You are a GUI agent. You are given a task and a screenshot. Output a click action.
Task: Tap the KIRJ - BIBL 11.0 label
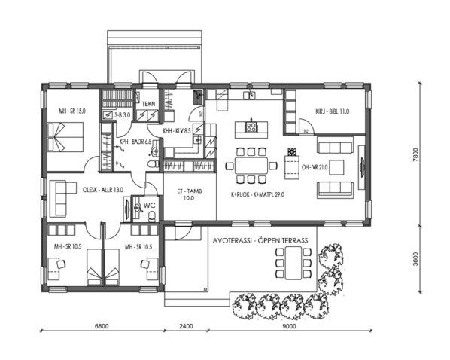pyautogui.click(x=333, y=111)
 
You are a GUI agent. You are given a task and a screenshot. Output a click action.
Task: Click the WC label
pyautogui.click(x=149, y=204)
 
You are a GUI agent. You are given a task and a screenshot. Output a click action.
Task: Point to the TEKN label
pyautogui.click(x=149, y=103)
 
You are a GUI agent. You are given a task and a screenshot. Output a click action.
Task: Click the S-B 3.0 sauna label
pyautogui.click(x=122, y=115)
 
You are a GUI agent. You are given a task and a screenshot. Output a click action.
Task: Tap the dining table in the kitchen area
pyautogui.click(x=251, y=164)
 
